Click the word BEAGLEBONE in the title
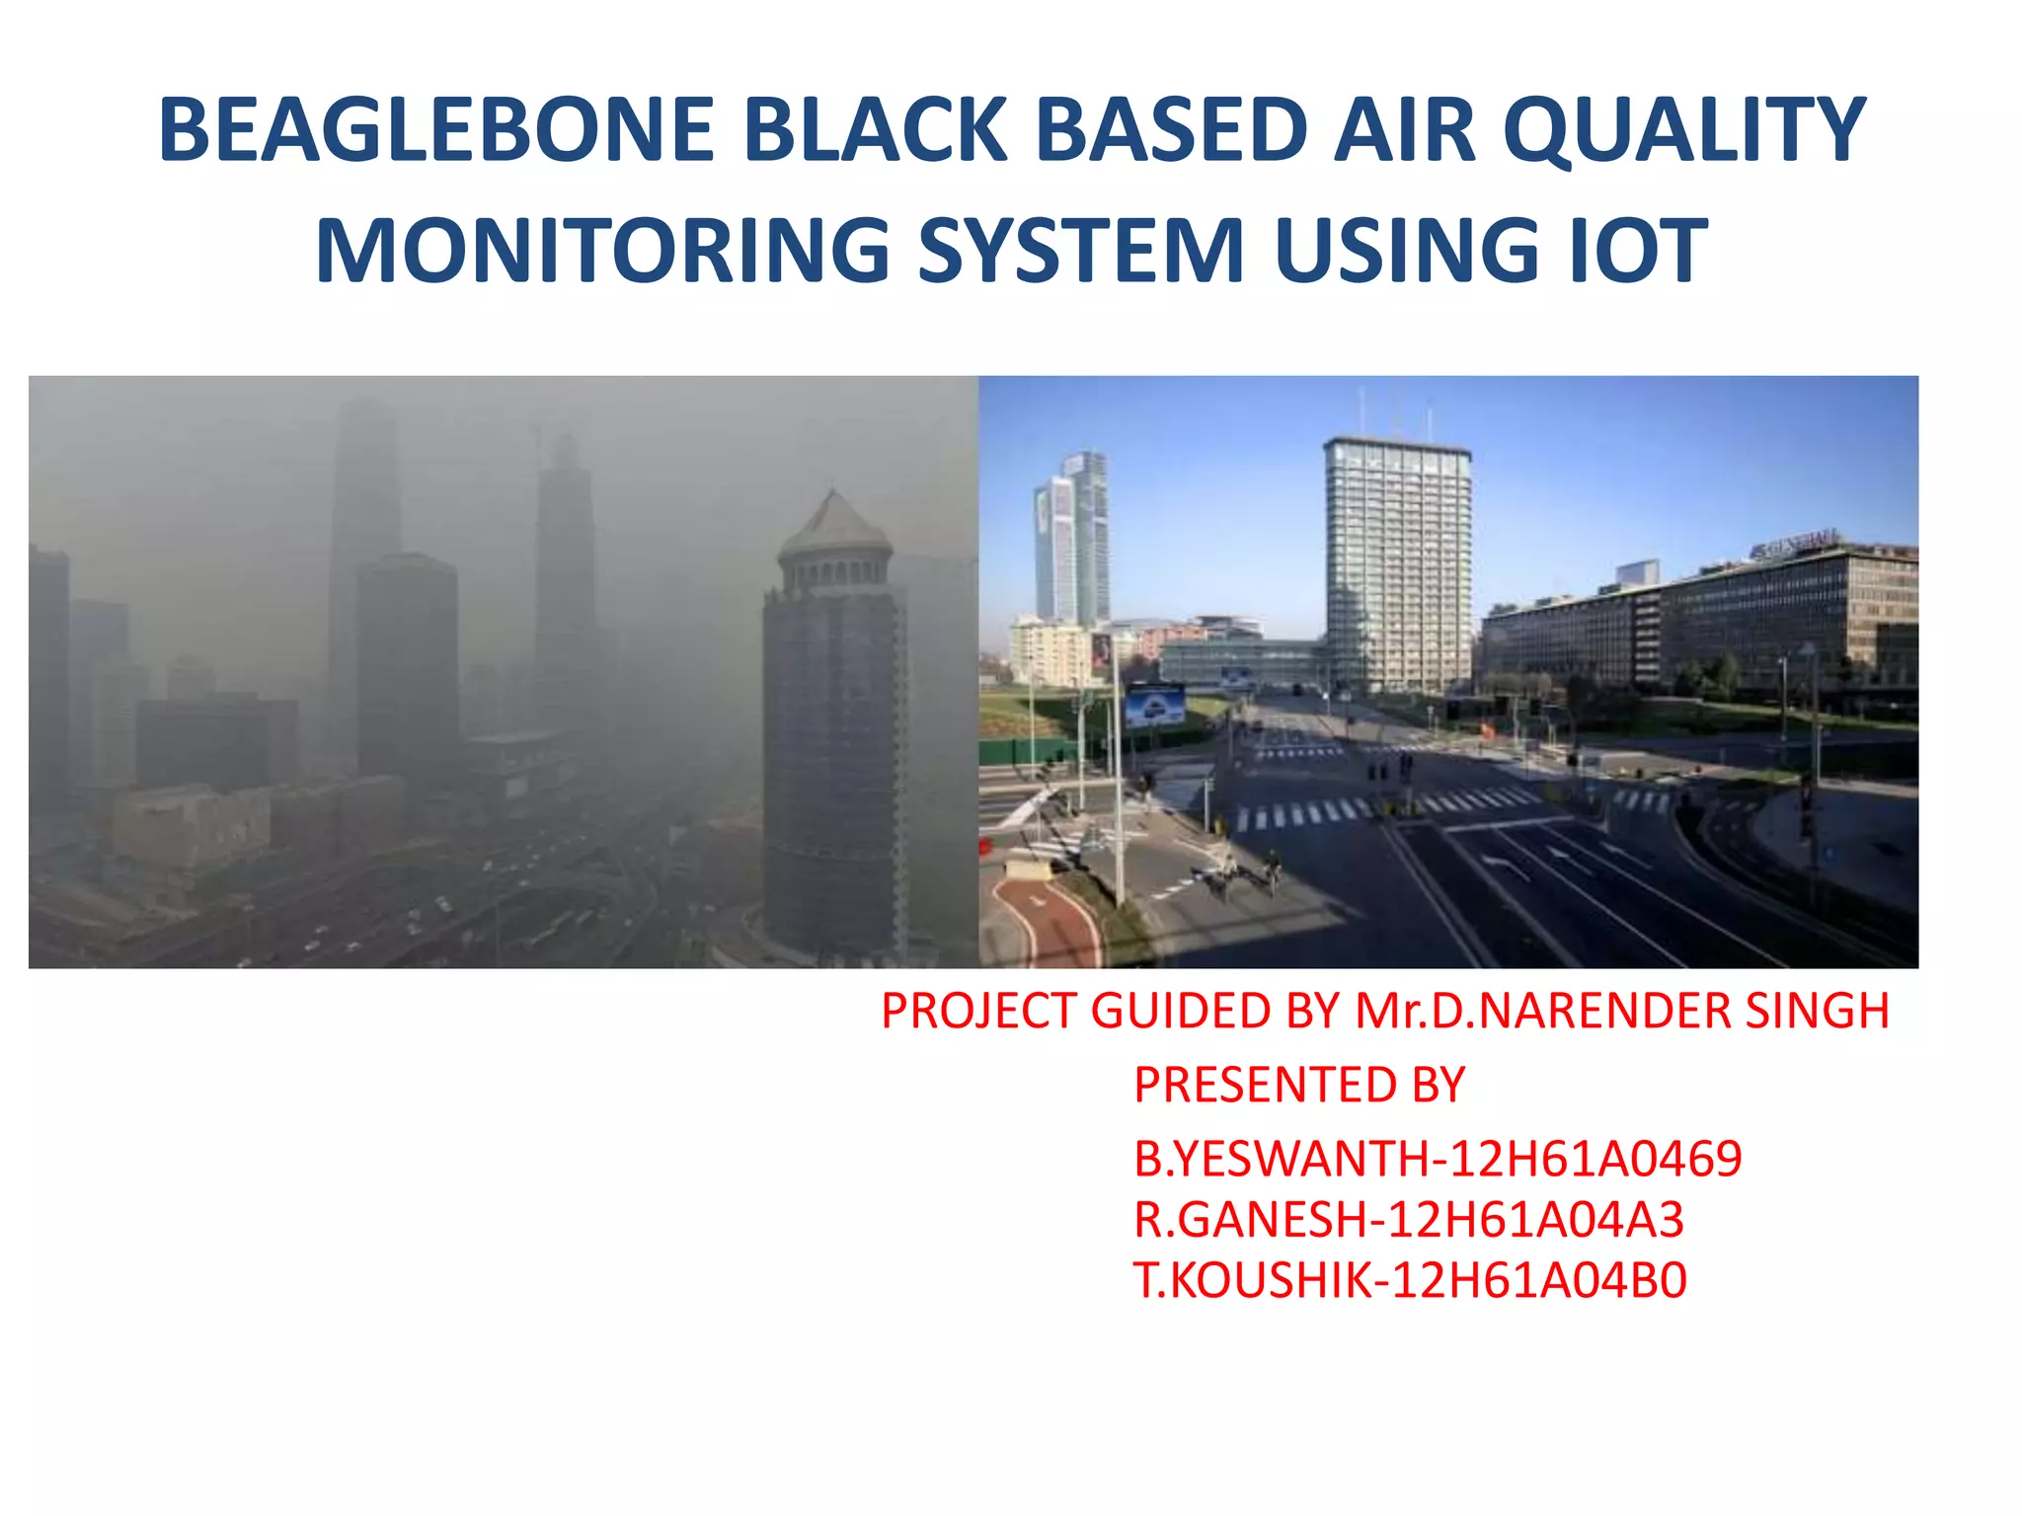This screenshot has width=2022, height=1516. point(435,130)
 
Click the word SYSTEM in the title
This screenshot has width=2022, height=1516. point(1081,251)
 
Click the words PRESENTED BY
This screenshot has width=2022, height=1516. point(1298,1086)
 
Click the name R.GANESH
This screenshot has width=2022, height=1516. point(1249,1220)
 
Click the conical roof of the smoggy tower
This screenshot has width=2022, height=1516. point(835,523)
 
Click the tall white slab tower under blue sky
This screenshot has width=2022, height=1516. point(1397,563)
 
